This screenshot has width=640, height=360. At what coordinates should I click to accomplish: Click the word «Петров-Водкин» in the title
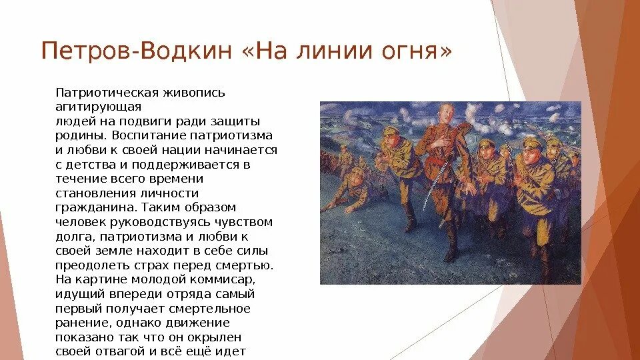click(x=134, y=51)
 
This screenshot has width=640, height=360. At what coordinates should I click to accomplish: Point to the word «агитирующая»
click(x=98, y=107)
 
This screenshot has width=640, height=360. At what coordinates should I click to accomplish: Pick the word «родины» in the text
click(x=78, y=135)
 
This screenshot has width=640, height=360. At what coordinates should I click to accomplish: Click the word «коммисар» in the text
click(x=226, y=279)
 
